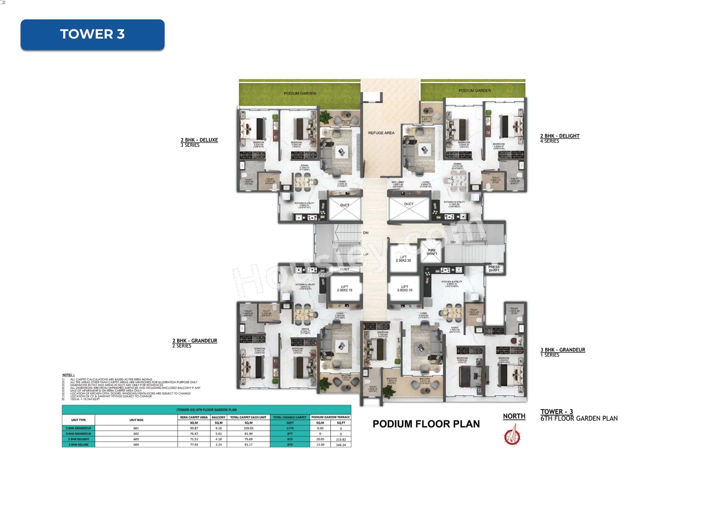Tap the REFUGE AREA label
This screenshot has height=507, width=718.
point(381,133)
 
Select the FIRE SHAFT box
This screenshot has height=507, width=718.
point(432,252)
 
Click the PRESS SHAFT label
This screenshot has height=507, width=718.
point(494,269)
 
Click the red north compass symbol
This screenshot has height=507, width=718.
point(512,436)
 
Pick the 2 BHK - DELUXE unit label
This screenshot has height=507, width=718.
point(199,140)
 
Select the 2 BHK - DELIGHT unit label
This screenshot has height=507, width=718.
point(560,136)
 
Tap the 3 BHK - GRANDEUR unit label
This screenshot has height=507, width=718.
point(563,350)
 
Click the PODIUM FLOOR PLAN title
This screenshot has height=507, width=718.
point(426,424)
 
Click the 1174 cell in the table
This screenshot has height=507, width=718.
point(290,428)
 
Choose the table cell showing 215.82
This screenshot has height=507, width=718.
point(341,439)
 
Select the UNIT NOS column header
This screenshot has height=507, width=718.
point(136,420)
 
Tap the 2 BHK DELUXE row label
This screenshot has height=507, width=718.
point(78,445)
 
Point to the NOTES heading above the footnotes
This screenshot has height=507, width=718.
point(68,375)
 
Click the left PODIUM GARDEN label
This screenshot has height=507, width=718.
point(300,94)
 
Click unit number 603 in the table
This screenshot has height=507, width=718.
point(136,439)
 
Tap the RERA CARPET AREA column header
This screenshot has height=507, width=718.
point(194,417)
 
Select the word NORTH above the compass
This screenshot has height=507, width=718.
point(514,417)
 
